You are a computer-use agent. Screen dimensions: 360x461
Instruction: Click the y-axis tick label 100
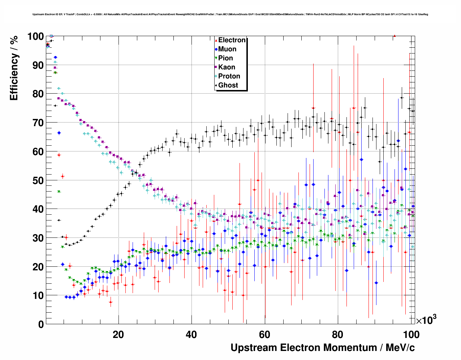[x=35, y=37]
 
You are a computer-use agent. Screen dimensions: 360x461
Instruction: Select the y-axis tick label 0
[x=41, y=324]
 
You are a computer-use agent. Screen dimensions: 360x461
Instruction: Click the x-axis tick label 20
[x=118, y=334]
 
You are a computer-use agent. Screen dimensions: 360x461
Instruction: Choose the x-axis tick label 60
[x=264, y=334]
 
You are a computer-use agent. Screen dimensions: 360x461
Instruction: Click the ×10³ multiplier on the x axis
[x=426, y=320]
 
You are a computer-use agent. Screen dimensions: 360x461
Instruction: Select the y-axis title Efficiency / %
[x=14, y=68]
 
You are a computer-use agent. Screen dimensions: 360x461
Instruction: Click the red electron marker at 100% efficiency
[x=395, y=36]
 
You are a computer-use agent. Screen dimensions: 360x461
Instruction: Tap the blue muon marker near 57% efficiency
[x=361, y=159]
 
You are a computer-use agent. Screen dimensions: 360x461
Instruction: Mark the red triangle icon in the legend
[x=216, y=40]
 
